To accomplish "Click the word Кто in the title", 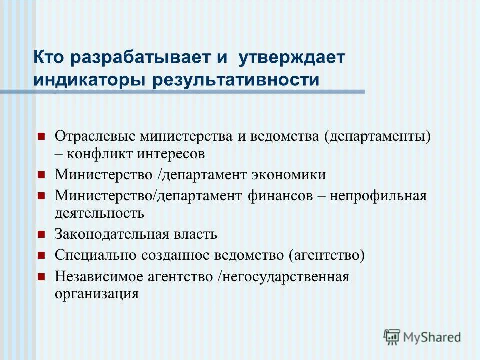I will (48, 57).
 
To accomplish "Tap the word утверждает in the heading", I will (292, 57).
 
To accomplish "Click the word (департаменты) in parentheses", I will (377, 136).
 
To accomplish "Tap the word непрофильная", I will (378, 195).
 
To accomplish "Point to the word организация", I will (96, 293).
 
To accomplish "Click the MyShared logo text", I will (432, 337).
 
